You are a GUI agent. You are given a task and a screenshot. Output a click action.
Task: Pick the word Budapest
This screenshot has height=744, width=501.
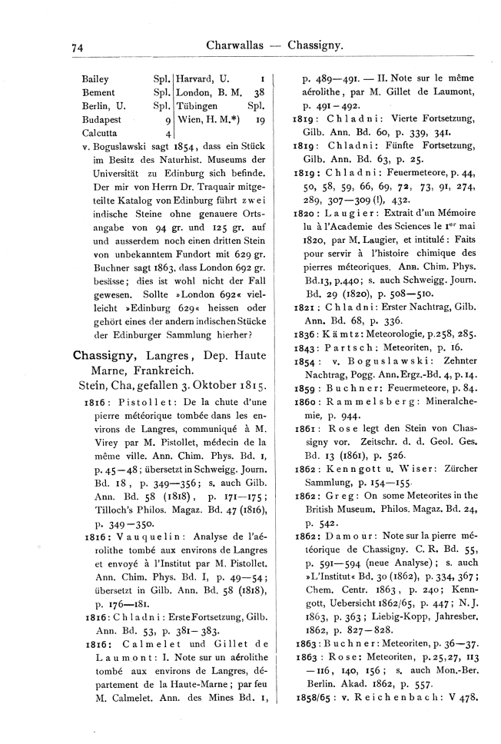tap(101, 120)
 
